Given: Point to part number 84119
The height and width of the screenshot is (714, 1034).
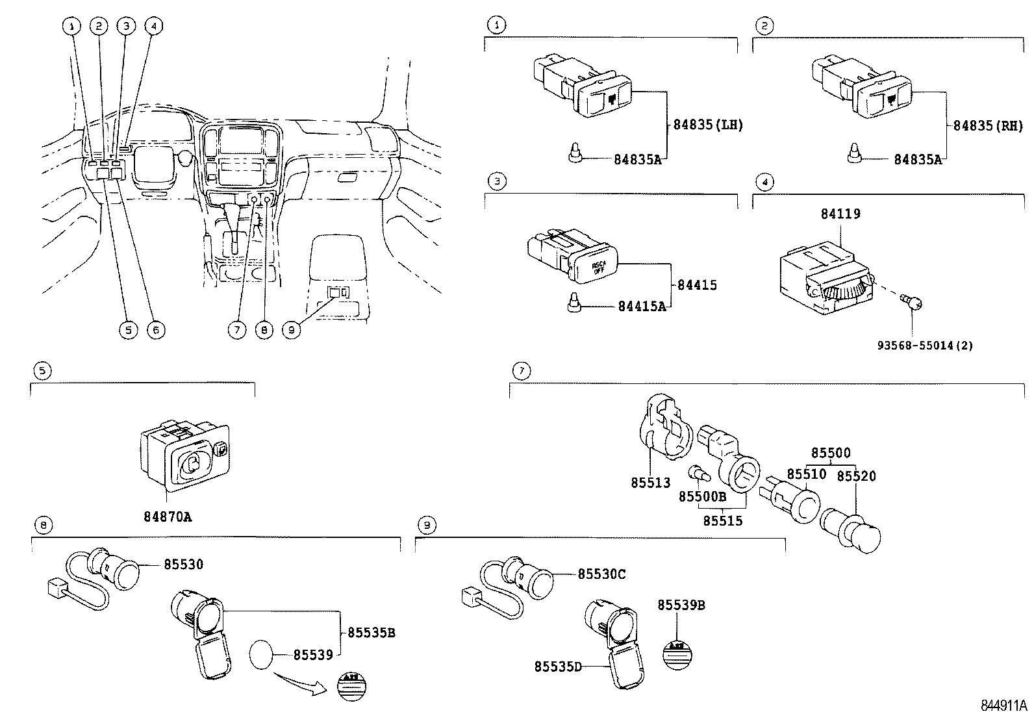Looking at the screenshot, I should point(840,214).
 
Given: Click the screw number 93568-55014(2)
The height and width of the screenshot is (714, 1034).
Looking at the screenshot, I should point(929,345).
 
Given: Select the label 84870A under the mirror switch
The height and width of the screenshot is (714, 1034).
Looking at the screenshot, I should point(168,516).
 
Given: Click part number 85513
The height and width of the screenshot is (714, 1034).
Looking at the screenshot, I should point(650,483).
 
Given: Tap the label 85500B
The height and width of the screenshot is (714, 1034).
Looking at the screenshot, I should point(702,496).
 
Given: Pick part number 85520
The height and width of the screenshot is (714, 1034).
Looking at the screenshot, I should point(856,476).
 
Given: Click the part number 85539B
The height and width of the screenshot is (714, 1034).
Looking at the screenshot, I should point(681,605).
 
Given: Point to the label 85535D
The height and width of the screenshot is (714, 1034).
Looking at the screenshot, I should point(558,667).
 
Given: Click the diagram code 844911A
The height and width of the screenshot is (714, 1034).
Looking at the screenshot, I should point(1003,705).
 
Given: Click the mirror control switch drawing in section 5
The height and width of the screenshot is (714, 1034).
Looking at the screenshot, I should point(185,455).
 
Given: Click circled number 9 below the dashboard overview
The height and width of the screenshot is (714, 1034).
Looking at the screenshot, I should point(292,330).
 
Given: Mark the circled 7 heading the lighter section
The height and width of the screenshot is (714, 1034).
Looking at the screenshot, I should point(521,371).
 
